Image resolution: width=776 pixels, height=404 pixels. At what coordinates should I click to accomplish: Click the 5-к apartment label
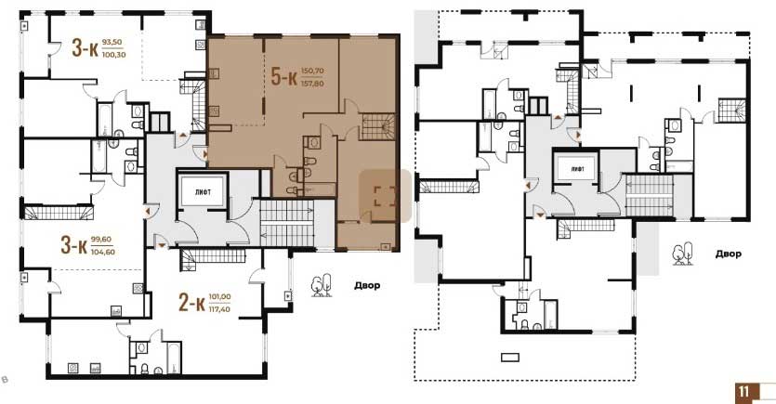pos(283,77)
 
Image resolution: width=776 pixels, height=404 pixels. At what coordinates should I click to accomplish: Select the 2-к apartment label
pos(191,303)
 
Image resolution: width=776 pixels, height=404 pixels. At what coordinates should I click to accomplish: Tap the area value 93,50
pos(112,43)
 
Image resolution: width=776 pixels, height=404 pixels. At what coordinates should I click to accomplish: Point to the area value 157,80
pos(312,84)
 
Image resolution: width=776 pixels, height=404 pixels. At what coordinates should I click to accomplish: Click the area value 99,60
pos(101,240)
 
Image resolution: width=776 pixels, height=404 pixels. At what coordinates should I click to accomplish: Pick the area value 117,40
pos(219,309)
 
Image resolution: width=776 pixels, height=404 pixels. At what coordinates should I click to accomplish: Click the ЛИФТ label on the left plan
pos(203,192)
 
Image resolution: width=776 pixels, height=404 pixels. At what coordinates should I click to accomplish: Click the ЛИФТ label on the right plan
pos(577,169)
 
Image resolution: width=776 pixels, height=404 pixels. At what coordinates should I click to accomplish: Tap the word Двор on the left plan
pos(367,285)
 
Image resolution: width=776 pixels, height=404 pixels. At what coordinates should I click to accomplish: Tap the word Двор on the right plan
pos(728,254)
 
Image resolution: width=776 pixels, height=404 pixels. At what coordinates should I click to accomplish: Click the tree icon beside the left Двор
pos(322,286)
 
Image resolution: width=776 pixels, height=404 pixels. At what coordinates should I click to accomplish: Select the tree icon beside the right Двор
pos(682,254)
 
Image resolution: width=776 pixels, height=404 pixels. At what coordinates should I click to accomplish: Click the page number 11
pos(743,392)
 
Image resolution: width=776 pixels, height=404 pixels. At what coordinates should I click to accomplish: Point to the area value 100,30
pos(113,55)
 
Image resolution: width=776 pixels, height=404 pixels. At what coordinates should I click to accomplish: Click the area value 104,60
pos(103,252)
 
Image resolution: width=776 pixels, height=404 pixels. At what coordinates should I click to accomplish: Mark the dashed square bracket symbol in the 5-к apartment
pos(385,196)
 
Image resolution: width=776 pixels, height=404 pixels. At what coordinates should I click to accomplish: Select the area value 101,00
pos(219,296)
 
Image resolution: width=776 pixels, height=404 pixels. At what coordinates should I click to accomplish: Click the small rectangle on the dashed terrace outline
pos(510,357)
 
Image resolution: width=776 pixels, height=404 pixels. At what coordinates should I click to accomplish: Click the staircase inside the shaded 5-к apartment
pos(378,126)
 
